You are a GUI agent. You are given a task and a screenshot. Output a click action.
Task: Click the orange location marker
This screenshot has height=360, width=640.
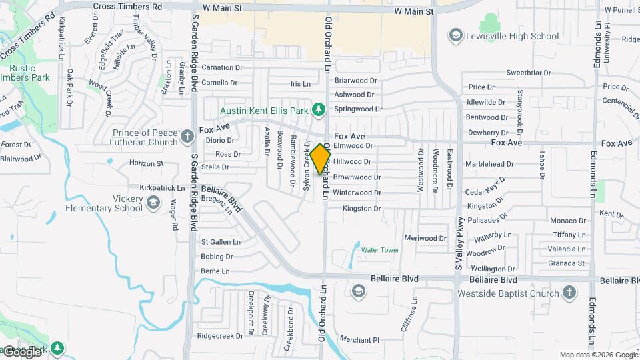[320, 159]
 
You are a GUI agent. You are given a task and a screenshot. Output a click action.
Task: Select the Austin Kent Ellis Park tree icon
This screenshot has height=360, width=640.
[319, 109]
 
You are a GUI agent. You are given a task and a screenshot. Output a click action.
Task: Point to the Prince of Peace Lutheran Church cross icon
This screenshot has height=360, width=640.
[187, 137]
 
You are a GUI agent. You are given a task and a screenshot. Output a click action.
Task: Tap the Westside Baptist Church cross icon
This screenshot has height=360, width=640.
[569, 293]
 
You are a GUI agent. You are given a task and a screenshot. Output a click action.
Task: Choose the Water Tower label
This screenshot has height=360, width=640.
[380, 250]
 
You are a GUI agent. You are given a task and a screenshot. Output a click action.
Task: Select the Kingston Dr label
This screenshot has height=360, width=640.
[361, 209]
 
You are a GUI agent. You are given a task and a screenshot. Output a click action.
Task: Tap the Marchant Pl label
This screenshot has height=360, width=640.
[359, 339]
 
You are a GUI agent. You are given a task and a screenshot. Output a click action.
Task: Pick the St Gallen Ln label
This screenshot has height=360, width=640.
[221, 242]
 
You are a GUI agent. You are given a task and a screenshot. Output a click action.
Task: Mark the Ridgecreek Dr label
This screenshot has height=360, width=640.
[220, 336]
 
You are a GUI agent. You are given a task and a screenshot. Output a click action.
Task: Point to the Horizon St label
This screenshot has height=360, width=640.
[146, 163]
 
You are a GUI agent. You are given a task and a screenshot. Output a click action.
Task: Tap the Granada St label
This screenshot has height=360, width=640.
[566, 263]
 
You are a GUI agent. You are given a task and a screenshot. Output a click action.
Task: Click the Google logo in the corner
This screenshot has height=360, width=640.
[23, 351]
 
